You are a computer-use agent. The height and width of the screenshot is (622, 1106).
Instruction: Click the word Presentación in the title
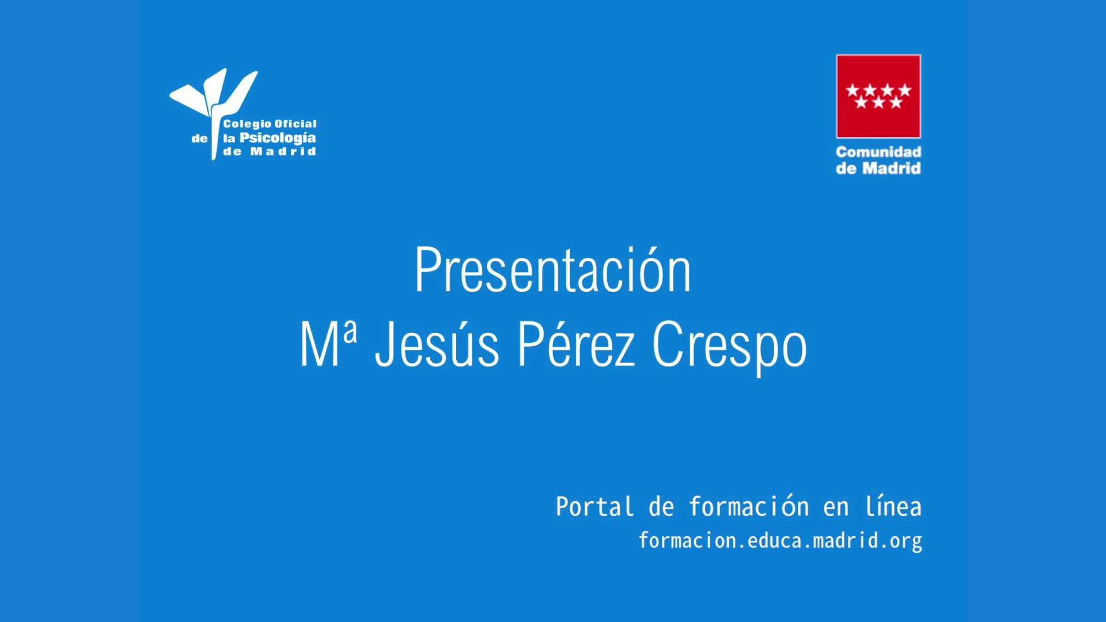click(553, 270)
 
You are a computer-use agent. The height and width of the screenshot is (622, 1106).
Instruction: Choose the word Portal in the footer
click(594, 507)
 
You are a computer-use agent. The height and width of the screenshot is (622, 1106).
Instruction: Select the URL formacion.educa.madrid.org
click(781, 541)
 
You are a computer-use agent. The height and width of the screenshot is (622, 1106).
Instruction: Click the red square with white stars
click(878, 96)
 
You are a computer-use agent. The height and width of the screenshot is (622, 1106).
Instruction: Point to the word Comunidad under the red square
click(878, 152)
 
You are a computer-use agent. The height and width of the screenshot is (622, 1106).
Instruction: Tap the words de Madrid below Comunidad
click(878, 168)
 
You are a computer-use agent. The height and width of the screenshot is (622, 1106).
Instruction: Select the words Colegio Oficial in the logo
click(270, 124)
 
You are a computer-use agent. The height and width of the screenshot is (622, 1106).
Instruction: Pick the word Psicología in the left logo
click(278, 139)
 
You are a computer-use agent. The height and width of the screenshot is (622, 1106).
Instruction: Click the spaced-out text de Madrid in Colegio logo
click(270, 152)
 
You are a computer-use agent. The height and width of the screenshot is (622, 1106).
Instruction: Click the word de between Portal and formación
click(661, 507)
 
